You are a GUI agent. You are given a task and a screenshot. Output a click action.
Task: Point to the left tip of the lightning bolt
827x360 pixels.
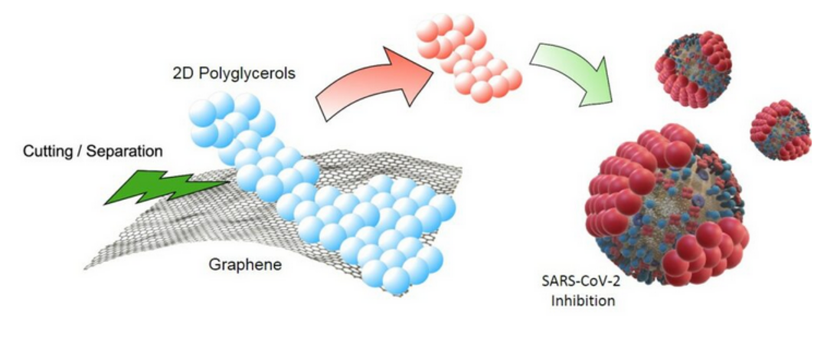pos(107,203)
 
